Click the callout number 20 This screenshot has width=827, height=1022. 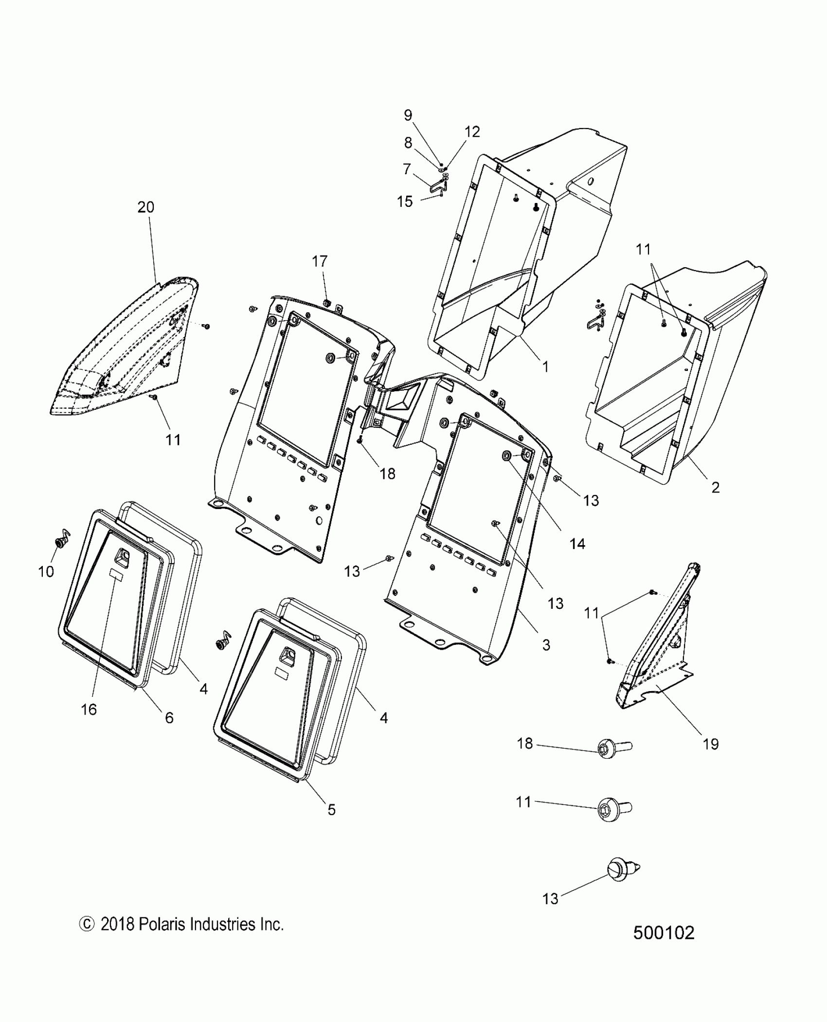(146, 207)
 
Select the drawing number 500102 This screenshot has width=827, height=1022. (664, 947)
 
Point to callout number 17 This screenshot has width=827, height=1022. (320, 261)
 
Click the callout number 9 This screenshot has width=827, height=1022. (408, 115)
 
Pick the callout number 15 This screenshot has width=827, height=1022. (405, 201)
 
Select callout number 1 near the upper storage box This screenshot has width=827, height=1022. (545, 366)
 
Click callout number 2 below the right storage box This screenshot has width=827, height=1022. (715, 487)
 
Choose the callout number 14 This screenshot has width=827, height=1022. (577, 544)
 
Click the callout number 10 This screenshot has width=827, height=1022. (46, 572)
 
